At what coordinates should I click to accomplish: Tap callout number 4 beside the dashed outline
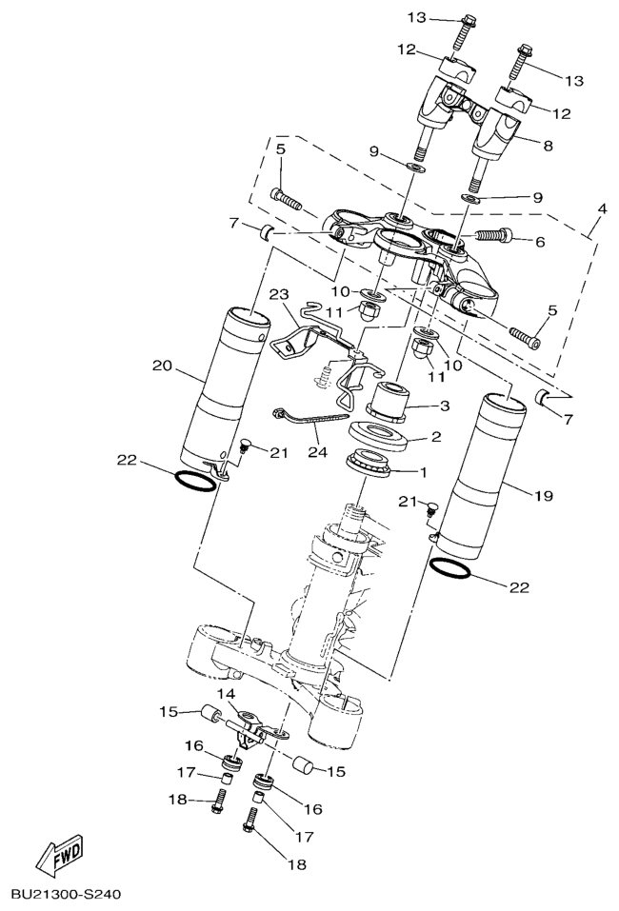point(602,208)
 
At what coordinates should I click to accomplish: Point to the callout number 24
point(318,451)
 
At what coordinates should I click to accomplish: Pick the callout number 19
point(544,496)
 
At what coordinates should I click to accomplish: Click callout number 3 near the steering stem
point(445,406)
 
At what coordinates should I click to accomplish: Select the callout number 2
point(436,436)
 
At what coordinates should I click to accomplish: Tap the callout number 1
point(423,472)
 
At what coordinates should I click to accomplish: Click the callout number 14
point(228,694)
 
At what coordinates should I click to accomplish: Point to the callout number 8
point(547,146)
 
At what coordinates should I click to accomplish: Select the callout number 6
point(540,241)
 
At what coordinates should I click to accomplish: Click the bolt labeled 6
point(495,235)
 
